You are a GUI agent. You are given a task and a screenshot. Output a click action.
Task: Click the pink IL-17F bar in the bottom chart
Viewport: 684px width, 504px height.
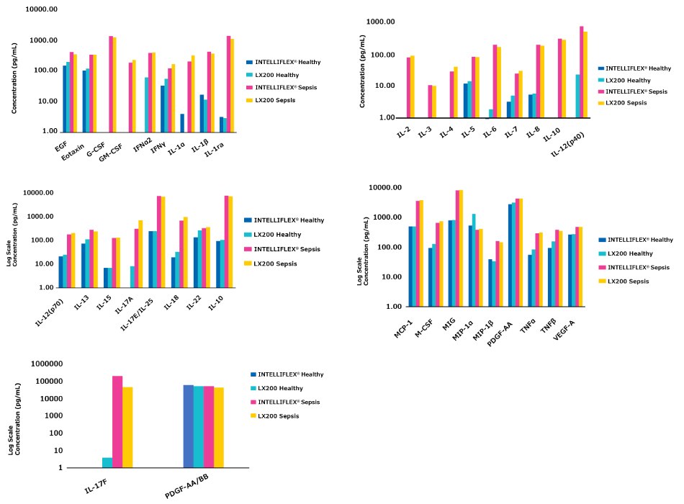(117, 421)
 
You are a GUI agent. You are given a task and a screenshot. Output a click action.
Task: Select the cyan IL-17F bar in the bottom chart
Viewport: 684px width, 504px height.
(107, 462)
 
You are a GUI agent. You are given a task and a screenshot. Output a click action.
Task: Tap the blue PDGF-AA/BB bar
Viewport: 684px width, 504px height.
(188, 426)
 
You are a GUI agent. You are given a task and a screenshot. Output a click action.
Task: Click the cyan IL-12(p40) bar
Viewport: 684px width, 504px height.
(577, 96)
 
